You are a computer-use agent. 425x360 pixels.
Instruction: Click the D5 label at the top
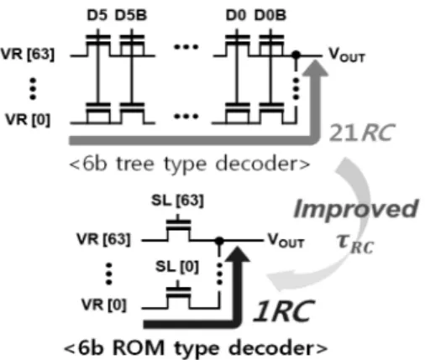(97, 15)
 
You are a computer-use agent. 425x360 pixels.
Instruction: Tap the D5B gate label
(131, 15)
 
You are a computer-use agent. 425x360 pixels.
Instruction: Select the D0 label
(236, 15)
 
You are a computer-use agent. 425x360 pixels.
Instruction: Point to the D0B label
(270, 15)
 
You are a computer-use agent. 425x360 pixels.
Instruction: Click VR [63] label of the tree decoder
(28, 54)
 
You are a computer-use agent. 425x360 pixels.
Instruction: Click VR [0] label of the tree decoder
(28, 120)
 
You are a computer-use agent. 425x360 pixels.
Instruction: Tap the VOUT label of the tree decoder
(347, 55)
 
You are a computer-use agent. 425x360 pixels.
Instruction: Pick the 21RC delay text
(362, 132)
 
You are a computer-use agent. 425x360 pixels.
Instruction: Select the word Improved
(355, 209)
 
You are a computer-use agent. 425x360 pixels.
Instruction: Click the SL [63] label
(177, 201)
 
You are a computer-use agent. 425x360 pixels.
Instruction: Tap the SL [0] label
(177, 266)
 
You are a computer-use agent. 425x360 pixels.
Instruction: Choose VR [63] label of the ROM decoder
(103, 239)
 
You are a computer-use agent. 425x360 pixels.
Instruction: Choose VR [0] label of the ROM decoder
(104, 305)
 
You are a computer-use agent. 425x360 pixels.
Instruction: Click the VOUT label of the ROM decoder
(286, 241)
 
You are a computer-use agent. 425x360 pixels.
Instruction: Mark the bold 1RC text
(284, 310)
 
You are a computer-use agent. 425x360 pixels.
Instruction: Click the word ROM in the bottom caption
(139, 347)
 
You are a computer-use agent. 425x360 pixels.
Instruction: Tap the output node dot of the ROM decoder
(219, 240)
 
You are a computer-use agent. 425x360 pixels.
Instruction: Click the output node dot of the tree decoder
(296, 55)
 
